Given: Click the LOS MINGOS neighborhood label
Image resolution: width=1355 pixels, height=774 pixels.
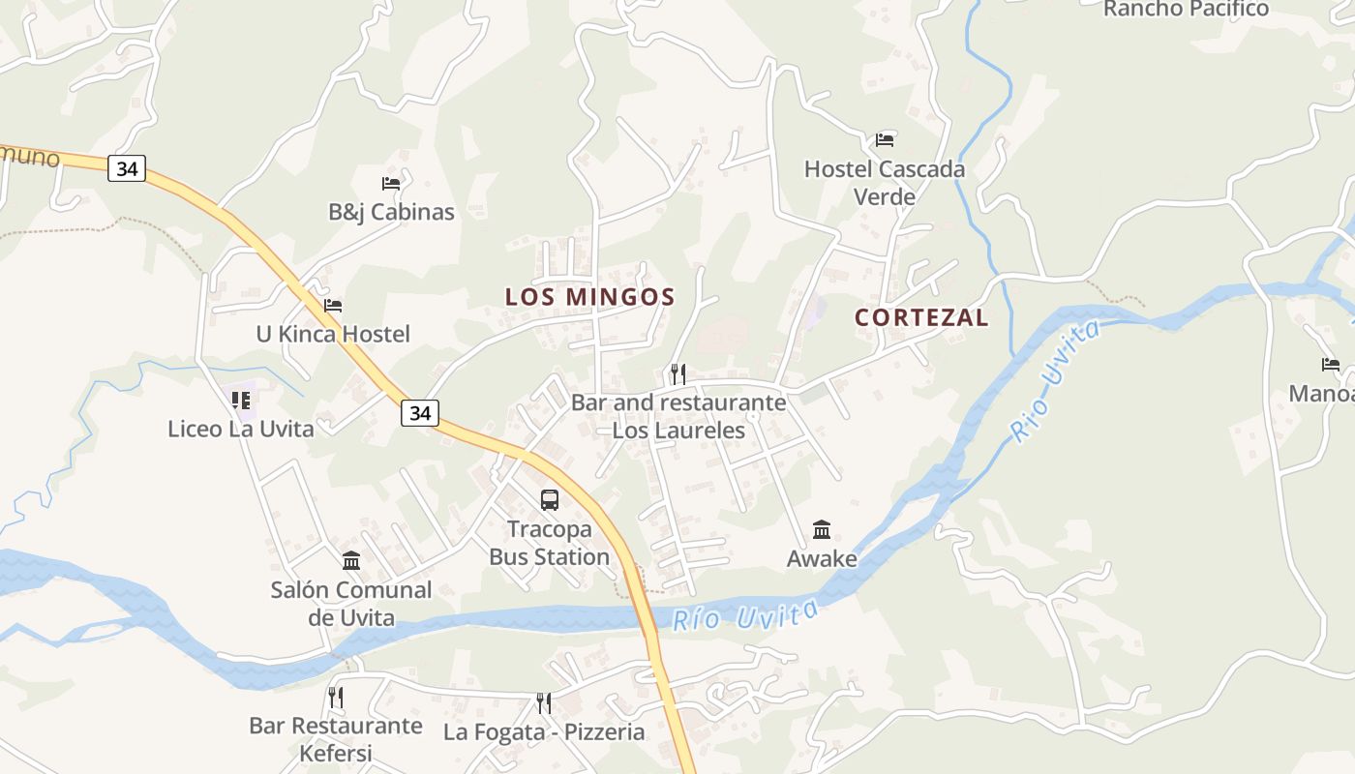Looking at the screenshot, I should point(589,296).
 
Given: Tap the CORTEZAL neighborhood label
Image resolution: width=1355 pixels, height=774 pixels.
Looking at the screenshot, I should point(921,317).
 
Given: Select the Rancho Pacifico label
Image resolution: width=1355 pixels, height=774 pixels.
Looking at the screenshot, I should point(1186,10).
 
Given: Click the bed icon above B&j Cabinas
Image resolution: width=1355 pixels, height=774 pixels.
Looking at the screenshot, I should point(391,183).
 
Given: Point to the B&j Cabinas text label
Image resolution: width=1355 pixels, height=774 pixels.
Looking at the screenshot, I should point(391,212).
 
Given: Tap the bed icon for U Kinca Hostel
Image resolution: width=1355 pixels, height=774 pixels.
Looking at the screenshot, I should point(333,306).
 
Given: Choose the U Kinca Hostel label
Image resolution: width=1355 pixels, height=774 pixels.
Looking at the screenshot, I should point(333,334).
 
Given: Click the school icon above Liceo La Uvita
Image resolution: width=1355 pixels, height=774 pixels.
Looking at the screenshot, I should point(241,400).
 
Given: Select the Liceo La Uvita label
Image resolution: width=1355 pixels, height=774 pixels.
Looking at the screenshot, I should point(241,429).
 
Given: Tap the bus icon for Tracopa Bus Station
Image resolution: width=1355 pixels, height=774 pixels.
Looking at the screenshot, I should point(550,500).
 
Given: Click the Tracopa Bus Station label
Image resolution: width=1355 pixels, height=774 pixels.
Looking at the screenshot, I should point(549,543).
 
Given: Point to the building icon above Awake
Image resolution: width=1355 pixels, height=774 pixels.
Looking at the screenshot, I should point(822,529).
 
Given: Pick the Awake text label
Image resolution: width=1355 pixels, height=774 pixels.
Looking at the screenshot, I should point(822,558).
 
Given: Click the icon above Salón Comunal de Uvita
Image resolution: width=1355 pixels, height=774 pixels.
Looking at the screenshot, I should point(351,560).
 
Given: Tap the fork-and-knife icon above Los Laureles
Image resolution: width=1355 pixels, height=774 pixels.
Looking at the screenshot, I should point(678,373).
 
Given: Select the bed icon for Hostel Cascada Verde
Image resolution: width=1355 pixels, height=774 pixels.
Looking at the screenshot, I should point(885,140).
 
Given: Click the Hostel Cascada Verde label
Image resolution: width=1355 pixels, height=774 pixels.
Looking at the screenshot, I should point(885,183).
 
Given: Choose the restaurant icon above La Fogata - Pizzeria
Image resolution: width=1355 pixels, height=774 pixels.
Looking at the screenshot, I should point(544,702).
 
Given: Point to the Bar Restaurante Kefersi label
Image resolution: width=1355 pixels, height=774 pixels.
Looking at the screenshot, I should point(336,738).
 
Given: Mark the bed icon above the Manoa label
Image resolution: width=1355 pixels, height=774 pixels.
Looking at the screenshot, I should point(1331,365).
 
